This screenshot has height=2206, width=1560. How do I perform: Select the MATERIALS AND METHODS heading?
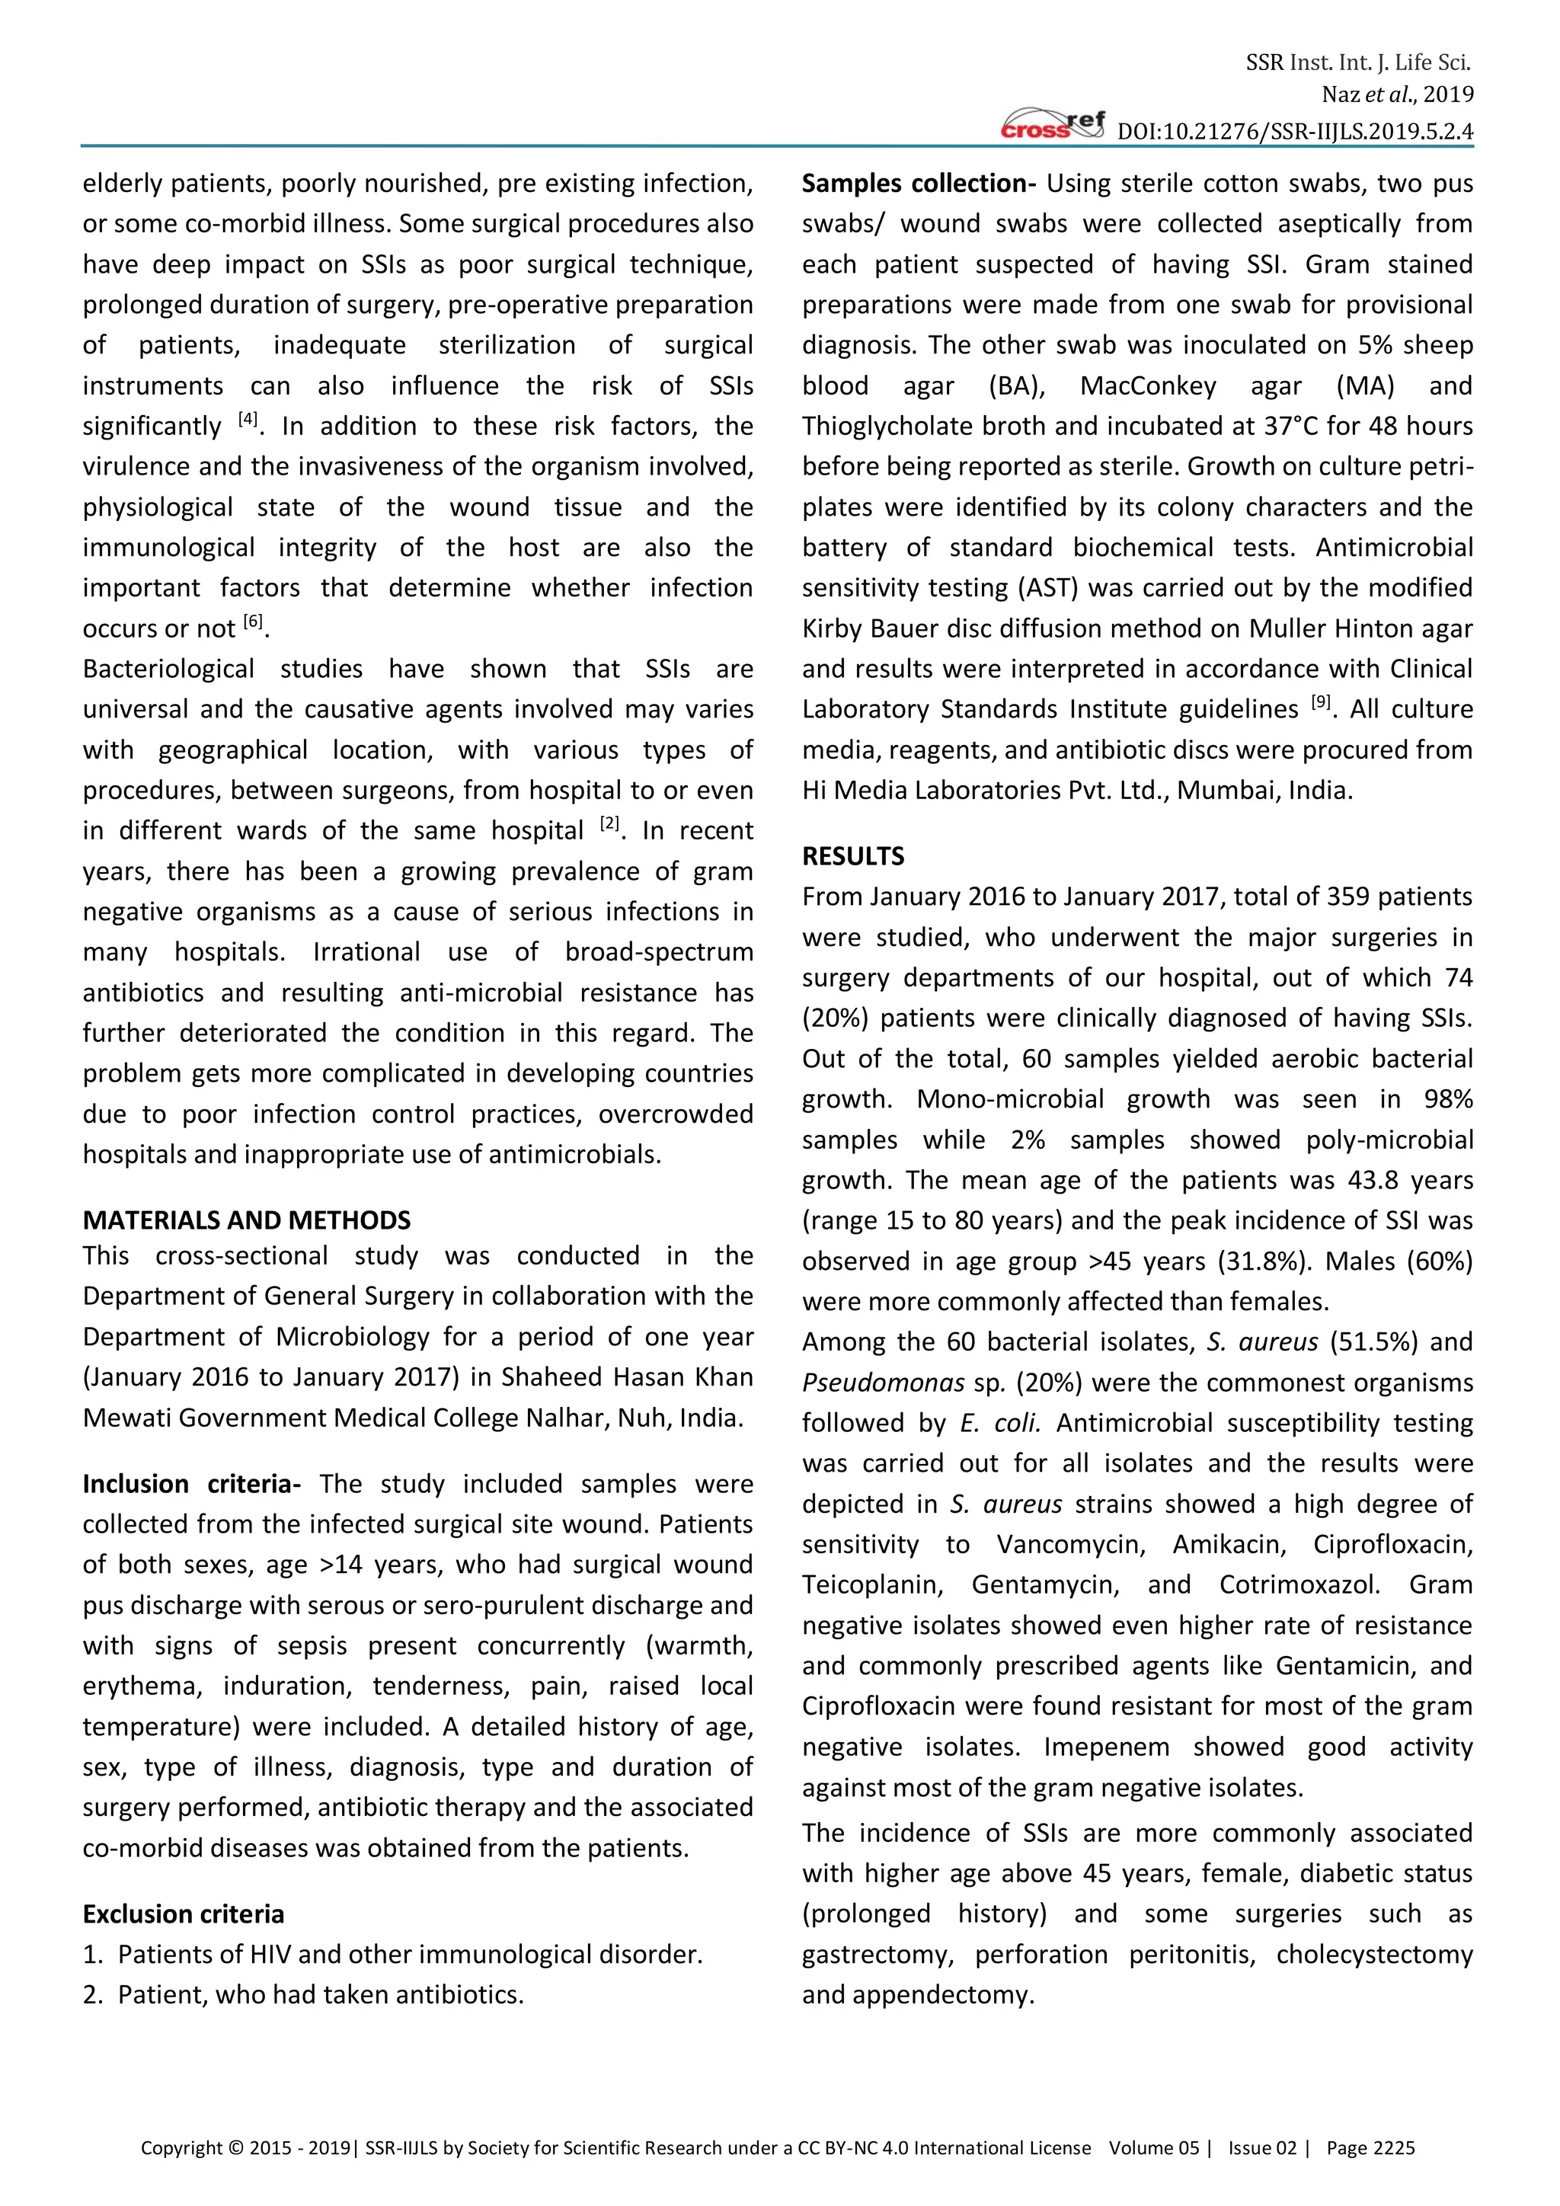246,1220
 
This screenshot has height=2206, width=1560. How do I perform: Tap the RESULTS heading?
853,856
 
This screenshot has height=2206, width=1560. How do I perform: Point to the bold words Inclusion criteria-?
191,1485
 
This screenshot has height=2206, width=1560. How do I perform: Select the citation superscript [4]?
248,420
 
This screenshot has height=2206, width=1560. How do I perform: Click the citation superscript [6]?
253,622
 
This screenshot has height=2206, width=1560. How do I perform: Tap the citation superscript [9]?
1321,703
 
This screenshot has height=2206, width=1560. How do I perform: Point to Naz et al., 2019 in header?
1397,95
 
